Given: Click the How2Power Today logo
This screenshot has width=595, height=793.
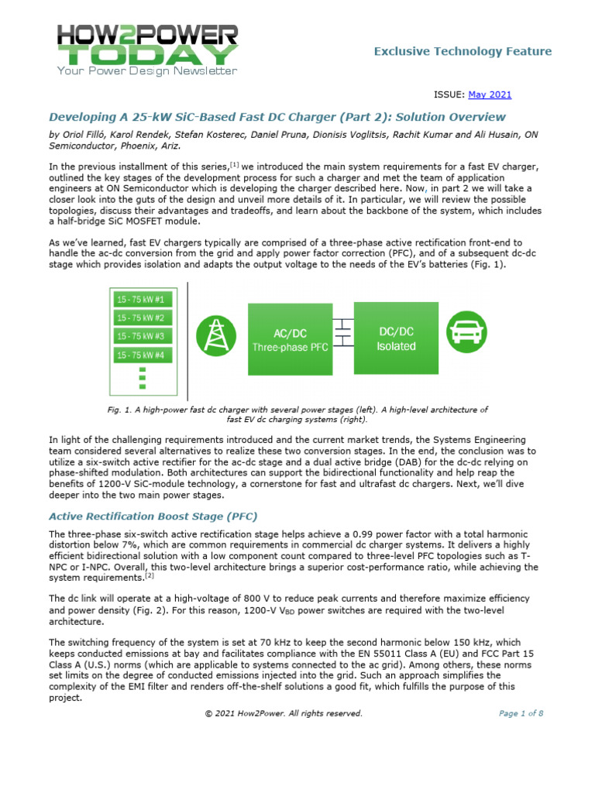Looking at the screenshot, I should pyautogui.click(x=147, y=49).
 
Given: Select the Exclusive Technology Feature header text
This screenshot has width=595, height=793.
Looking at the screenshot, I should pyautogui.click(x=463, y=52).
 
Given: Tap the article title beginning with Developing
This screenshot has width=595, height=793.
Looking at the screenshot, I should pyautogui.click(x=277, y=117).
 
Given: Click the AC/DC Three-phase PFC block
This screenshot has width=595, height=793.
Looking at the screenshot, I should pyautogui.click(x=290, y=339).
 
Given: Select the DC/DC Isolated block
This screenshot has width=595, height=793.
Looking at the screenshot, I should pyautogui.click(x=396, y=339).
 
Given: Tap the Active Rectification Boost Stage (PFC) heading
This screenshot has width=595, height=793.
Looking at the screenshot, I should pyautogui.click(x=153, y=516).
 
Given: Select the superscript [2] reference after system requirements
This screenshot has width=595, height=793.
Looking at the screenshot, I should pyautogui.click(x=150, y=575).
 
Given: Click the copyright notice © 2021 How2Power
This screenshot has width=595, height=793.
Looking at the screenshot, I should pyautogui.click(x=283, y=714).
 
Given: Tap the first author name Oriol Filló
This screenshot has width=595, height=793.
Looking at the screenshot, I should pyautogui.click(x=84, y=134).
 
